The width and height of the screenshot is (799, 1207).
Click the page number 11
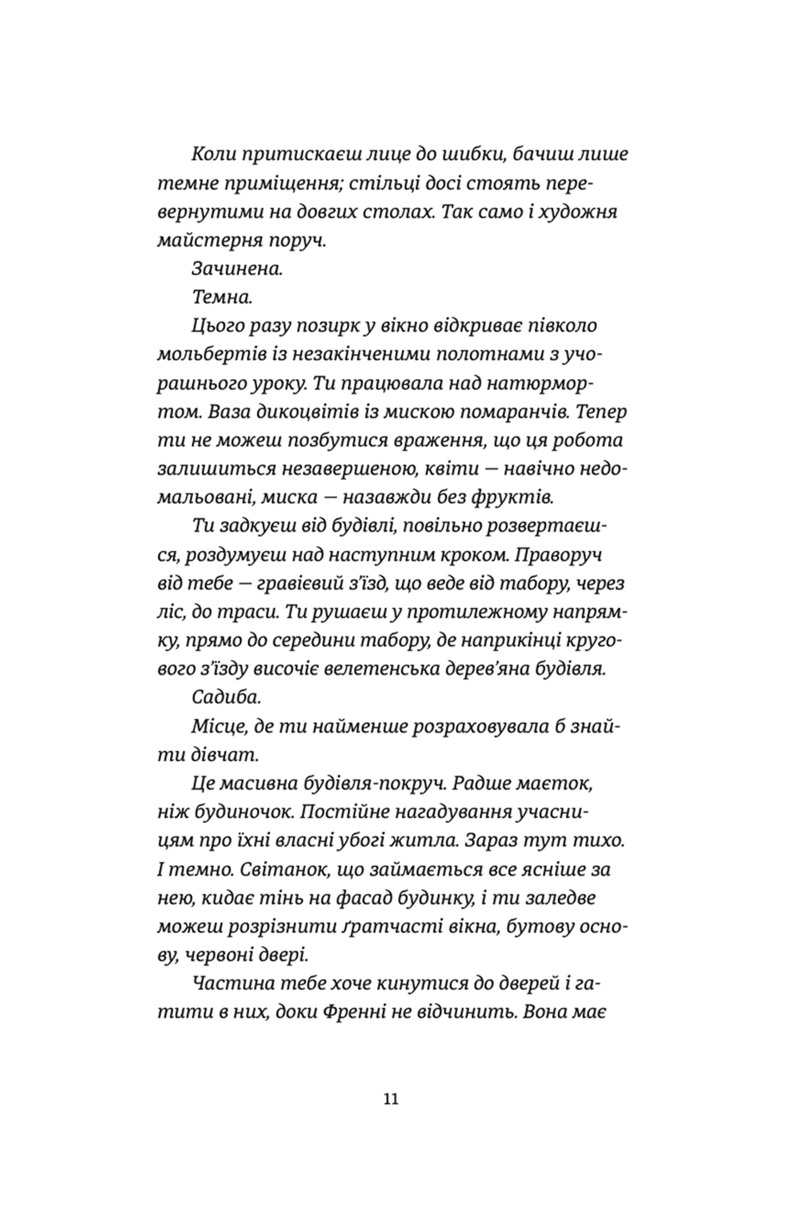(x=391, y=1098)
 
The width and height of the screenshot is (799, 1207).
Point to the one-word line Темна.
(x=222, y=297)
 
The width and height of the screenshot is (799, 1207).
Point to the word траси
(x=253, y=612)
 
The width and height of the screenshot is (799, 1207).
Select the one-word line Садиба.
(x=226, y=698)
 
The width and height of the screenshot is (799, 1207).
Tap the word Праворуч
(x=559, y=555)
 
